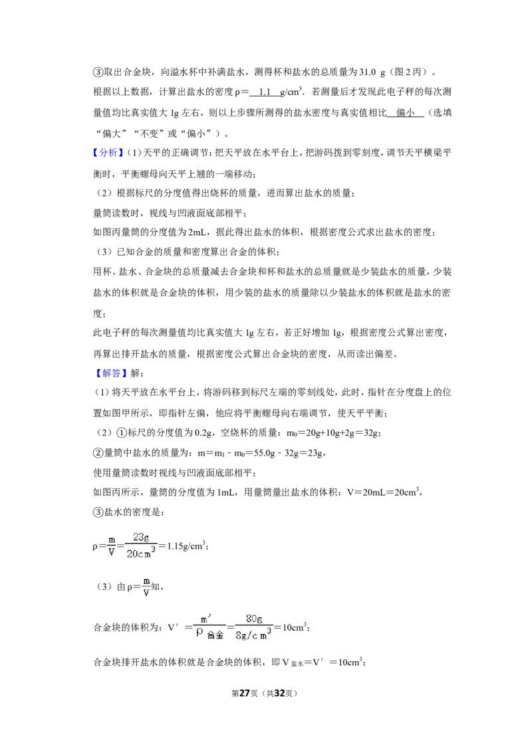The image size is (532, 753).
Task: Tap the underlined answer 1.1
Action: pos(265,92)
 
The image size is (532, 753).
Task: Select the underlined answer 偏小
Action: pos(405,113)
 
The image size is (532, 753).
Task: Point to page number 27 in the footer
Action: pos(245,693)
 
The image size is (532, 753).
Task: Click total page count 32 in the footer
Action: pos(279,693)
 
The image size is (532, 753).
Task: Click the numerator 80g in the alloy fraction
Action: pos(253,619)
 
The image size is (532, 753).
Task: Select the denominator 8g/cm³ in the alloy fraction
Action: pos(253,634)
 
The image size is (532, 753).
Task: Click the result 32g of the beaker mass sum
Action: pos(370,433)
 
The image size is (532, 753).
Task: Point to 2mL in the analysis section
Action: pos(198,232)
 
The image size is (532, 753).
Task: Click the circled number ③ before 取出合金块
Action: pos(98,73)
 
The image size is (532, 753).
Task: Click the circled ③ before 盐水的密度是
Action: pos(98,512)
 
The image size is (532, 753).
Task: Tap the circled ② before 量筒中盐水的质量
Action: pos(98,453)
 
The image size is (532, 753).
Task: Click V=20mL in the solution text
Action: pos(365,492)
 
